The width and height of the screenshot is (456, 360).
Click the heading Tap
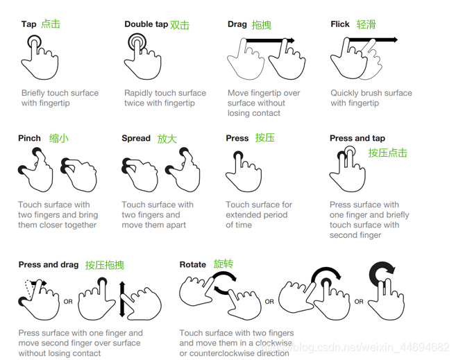[x=28, y=24]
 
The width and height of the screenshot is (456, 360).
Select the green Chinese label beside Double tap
[x=180, y=25]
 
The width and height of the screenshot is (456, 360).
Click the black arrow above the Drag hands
[x=270, y=40]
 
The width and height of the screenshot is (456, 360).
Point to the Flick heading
[x=339, y=24]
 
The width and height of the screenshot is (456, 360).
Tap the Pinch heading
[x=29, y=138]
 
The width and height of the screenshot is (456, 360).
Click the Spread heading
[x=136, y=138]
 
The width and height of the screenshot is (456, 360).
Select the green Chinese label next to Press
[x=265, y=137]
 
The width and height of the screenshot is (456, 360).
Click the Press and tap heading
[x=357, y=138]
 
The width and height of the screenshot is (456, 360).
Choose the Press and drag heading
[x=49, y=265]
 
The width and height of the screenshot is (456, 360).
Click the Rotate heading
[x=192, y=265]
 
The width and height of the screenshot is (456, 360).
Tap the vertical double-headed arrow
[x=122, y=299]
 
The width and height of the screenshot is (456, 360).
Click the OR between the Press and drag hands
[x=68, y=302]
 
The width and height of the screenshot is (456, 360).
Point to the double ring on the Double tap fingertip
[x=137, y=42]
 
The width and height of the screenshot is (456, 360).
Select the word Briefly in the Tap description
[x=33, y=93]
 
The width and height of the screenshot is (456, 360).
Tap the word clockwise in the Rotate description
[x=273, y=343]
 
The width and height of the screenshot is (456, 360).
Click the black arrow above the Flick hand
[x=373, y=40]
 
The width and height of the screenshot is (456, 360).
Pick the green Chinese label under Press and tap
[x=388, y=153]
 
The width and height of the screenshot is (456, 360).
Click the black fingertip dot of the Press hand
[x=238, y=155]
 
